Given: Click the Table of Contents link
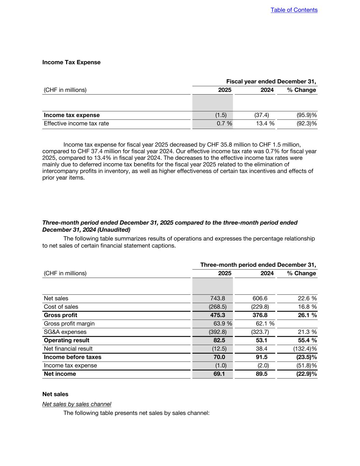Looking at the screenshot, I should [294, 10].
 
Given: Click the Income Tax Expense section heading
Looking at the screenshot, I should [71, 62].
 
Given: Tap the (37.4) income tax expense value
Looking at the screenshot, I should [261, 115].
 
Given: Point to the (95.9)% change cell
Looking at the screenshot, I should [306, 115].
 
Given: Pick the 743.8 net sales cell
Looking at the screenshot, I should [218, 298].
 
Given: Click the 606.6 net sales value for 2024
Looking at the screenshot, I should [260, 298].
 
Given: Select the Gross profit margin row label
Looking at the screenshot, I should [69, 323].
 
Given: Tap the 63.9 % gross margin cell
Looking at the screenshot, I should [222, 323].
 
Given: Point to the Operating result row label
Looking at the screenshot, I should [67, 340].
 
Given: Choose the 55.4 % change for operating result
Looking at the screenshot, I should [307, 340].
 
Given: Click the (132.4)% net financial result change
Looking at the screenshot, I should [305, 349].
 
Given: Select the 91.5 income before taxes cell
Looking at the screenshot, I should [261, 357].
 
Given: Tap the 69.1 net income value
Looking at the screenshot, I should [219, 374].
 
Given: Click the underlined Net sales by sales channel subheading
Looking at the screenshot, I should [77, 404].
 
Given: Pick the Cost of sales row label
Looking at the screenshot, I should [61, 307].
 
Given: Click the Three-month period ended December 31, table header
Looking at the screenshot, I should [258, 265].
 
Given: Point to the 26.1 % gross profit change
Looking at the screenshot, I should [307, 315].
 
